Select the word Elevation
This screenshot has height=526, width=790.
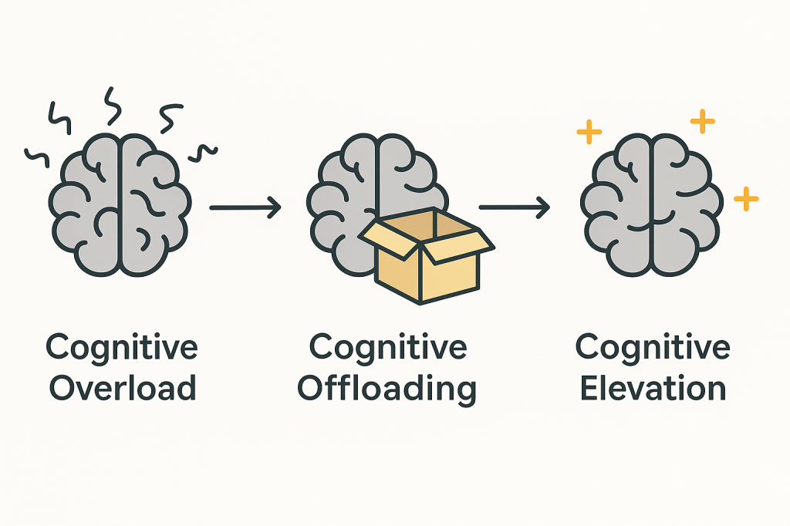coord(653,388)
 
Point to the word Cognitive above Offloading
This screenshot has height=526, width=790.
coord(388,347)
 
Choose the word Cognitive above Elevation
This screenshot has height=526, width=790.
coord(653,347)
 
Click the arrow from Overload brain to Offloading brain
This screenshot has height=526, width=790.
coord(245,207)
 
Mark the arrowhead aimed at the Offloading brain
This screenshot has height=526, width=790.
coord(274,207)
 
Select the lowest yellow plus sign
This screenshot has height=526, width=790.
coord(746,198)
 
